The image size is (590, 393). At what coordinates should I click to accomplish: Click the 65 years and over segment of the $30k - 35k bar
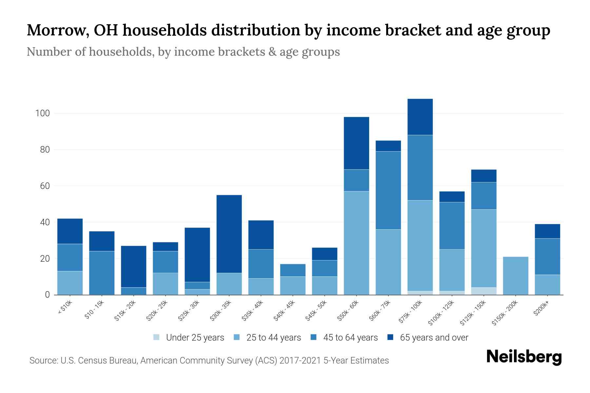(229, 234)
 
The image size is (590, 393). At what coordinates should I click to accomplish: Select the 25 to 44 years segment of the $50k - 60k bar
(356, 243)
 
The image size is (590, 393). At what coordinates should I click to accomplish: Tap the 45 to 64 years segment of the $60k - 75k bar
(388, 190)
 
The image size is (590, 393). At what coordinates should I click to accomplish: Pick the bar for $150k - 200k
(515, 276)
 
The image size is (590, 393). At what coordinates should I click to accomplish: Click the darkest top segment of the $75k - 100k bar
(420, 117)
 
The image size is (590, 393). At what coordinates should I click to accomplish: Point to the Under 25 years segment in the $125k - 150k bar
(483, 291)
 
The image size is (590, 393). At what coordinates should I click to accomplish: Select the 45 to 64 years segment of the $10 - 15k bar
(102, 273)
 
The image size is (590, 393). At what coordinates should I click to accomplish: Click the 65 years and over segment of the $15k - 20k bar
(133, 267)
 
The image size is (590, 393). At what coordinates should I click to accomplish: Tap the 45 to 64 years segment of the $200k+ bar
(547, 256)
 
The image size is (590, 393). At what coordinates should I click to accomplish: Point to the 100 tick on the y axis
(42, 113)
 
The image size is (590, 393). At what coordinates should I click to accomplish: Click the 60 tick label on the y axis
(45, 186)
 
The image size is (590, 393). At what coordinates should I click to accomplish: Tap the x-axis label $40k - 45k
(284, 310)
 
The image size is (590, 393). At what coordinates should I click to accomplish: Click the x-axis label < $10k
(65, 308)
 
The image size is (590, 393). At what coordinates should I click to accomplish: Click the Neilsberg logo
(524, 357)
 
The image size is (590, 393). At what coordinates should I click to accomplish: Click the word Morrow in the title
(55, 30)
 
